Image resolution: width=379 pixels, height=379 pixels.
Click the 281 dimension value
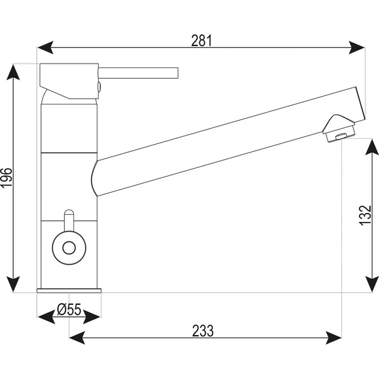point(202,41)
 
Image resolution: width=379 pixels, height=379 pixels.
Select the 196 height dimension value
point(6,177)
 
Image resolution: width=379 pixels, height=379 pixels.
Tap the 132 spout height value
point(365,215)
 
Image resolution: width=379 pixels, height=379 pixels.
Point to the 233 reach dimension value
point(202,331)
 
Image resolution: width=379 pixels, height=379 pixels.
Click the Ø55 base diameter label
point(69,310)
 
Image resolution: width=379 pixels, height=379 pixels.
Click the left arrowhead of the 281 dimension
point(45,47)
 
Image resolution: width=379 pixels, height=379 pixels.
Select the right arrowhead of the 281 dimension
point(356,47)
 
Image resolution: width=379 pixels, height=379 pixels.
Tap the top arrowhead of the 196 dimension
point(13,72)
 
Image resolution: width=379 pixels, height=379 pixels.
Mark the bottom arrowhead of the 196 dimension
point(13,284)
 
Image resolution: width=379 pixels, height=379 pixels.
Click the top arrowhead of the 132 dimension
point(372,147)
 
